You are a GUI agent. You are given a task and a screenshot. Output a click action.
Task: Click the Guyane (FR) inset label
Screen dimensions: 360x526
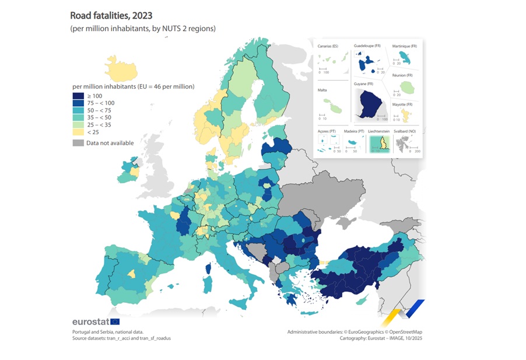pos(366,85)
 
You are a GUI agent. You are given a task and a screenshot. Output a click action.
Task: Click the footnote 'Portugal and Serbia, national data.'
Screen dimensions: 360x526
pos(107,331)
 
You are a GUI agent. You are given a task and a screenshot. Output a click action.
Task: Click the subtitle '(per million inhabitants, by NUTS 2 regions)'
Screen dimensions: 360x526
pos(143,28)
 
